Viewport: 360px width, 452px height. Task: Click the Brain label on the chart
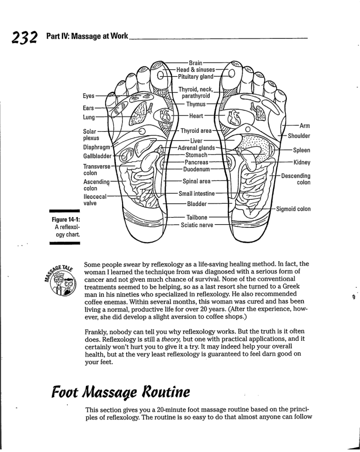tap(196, 57)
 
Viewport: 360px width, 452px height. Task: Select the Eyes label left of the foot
tap(89, 95)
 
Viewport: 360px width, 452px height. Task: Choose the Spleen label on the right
tap(302, 150)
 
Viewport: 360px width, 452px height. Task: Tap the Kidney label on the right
tap(302, 163)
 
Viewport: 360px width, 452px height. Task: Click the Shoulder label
tap(299, 136)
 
